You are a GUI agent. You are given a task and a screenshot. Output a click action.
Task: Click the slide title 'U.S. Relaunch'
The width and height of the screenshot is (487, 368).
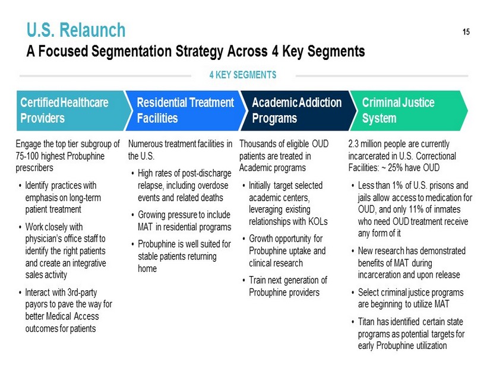76,30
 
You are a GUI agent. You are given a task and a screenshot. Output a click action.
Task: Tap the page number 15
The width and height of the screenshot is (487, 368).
466,32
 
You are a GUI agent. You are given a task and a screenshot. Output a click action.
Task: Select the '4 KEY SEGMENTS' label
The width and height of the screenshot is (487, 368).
243,75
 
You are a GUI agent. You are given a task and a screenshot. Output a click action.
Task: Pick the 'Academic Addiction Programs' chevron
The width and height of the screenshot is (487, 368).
299,110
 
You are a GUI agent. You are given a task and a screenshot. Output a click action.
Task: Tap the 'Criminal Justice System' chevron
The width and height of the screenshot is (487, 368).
409,110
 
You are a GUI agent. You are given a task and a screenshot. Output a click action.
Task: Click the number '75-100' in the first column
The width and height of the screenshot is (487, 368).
27,156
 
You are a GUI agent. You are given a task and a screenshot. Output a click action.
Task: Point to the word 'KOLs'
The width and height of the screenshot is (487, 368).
318,221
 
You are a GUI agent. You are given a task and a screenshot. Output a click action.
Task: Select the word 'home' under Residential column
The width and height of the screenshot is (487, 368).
147,269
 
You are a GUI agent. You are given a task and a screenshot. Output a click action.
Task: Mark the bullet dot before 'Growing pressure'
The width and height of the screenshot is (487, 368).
133,215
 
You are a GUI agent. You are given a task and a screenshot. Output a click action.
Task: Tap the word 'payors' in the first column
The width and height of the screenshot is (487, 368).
36,304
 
